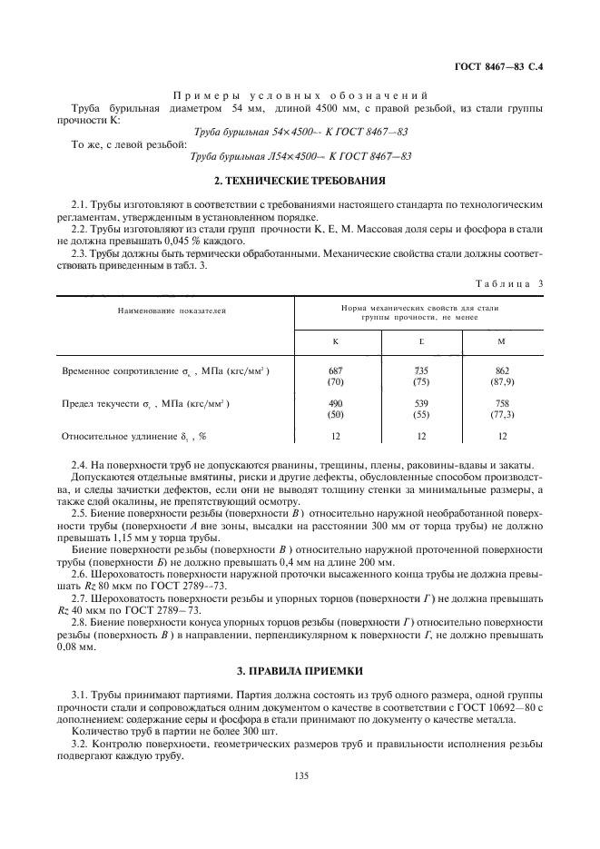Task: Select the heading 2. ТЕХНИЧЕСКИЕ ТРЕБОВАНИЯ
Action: tap(300, 181)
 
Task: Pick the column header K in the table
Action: tap(337, 341)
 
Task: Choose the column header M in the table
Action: tap(502, 341)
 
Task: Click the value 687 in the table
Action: tap(337, 371)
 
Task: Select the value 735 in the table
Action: tap(420, 371)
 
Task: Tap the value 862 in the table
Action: tap(502, 371)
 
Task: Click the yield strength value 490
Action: tap(337, 403)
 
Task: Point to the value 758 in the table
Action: tap(502, 403)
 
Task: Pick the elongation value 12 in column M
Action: tap(502, 436)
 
